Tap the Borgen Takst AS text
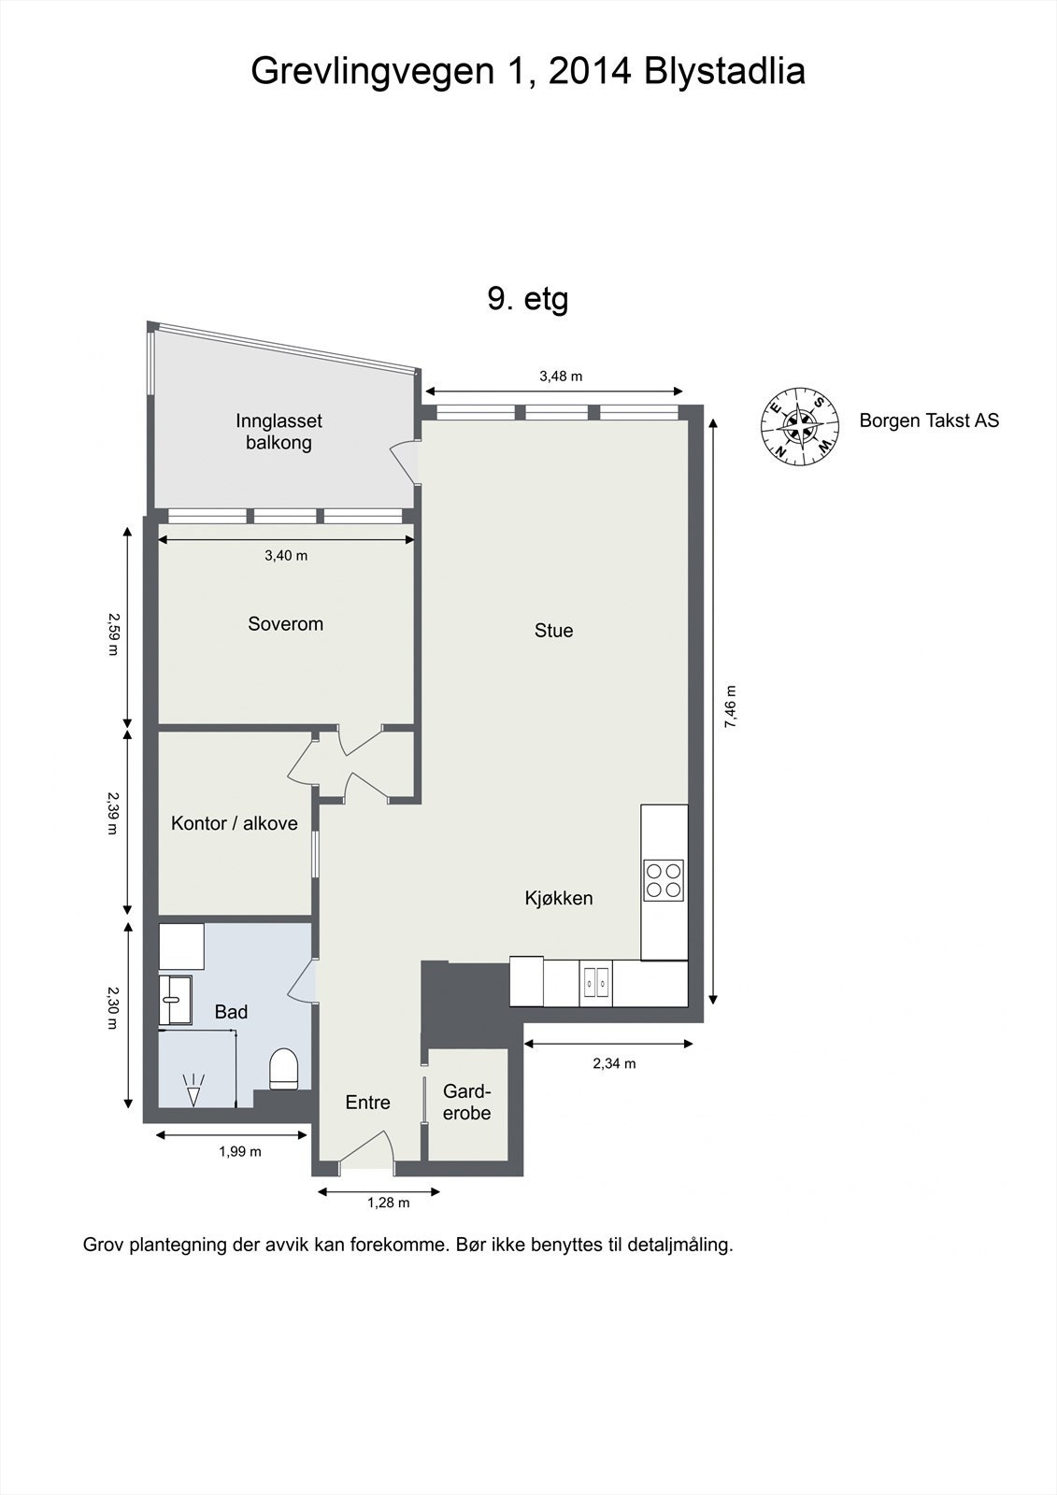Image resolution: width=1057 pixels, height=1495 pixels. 929,420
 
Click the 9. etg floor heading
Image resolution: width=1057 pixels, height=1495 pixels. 528,299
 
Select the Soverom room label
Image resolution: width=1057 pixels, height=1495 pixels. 285,624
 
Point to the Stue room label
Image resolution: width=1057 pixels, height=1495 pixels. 553,631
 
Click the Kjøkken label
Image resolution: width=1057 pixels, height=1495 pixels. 559,899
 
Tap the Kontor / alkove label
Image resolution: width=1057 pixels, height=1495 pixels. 234,823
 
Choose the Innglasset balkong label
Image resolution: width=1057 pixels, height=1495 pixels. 279,432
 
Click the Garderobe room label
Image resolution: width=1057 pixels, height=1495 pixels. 466,1103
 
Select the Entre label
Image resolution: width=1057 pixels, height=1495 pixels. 367,1103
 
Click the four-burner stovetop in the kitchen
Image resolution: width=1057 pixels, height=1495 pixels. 664,879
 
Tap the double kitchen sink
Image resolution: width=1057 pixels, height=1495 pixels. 595,983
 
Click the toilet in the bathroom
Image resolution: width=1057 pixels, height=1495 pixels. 283,1069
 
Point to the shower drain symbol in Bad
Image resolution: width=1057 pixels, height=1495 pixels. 193,1090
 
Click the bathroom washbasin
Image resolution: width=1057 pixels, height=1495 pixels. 174,1000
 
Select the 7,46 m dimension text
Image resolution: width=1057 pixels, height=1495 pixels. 730,708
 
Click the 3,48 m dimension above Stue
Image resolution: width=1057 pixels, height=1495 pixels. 561,377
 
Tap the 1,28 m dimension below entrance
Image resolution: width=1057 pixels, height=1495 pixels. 388,1203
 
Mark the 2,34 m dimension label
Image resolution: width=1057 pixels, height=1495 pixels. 614,1063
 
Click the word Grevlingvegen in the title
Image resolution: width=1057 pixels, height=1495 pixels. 369,71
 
